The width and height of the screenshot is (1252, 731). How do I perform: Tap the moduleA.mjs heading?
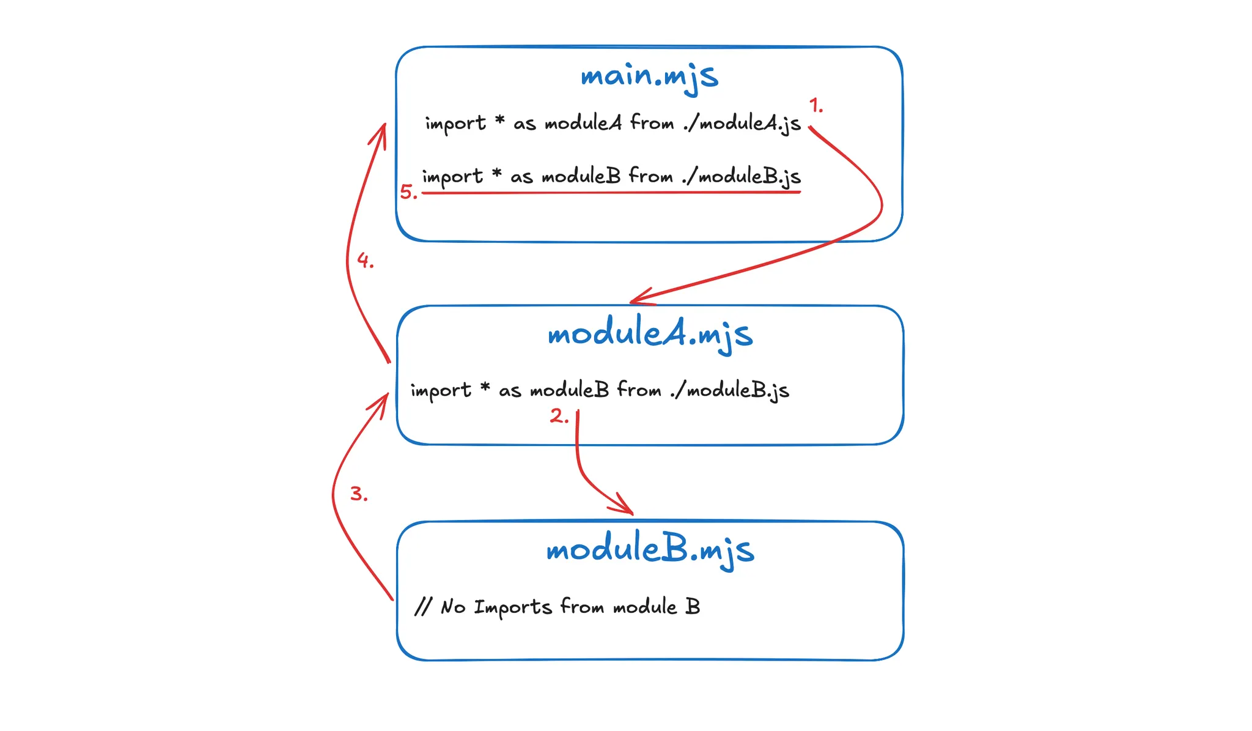click(x=650, y=335)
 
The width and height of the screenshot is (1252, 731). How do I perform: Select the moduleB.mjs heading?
click(x=650, y=549)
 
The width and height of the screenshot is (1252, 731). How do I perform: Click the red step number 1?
click(x=816, y=105)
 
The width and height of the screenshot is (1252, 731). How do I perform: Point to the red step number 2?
click(x=559, y=417)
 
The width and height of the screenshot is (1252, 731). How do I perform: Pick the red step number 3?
click(x=358, y=494)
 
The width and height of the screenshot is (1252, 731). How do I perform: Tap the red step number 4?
click(x=365, y=261)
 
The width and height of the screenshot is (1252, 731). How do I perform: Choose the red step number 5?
click(x=408, y=192)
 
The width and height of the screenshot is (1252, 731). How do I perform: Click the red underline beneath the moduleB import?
click(x=611, y=193)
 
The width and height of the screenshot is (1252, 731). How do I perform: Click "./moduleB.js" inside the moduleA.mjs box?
click(x=729, y=390)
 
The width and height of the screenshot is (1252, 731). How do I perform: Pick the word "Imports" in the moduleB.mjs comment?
click(x=512, y=607)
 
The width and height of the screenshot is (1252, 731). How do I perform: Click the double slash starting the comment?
click(x=423, y=607)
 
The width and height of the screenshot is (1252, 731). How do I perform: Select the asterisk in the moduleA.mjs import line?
click(x=485, y=388)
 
